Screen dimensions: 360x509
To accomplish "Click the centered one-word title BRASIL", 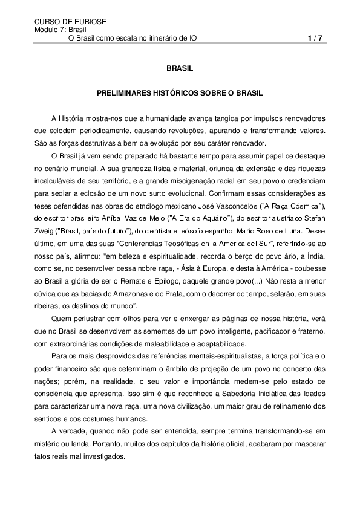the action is point(179,70).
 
